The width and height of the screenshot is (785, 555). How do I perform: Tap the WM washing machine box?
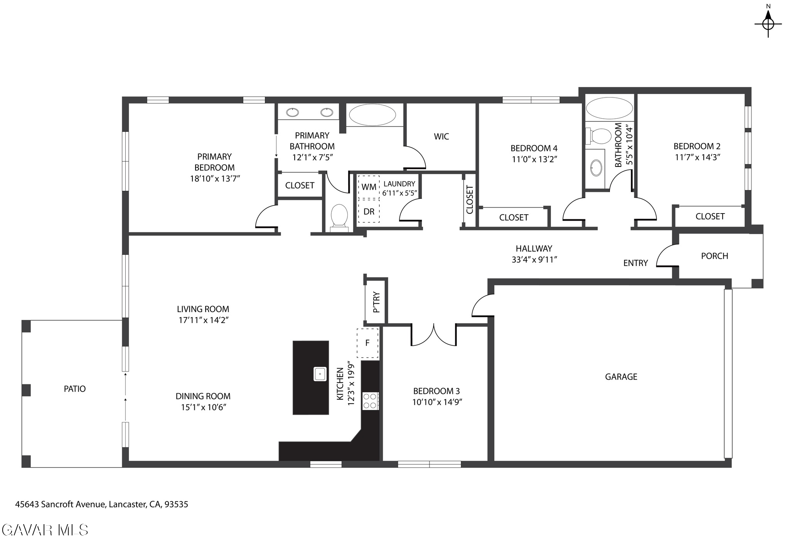point(369,187)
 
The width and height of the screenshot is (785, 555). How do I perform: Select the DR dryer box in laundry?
point(369,211)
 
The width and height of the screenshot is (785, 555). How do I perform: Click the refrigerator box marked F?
point(367,343)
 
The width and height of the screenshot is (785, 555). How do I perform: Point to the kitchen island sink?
point(320,374)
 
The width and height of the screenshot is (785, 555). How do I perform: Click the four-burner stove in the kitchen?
point(371,401)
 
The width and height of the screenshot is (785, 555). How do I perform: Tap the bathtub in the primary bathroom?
point(372,115)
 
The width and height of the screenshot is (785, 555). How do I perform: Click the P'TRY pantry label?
point(377,302)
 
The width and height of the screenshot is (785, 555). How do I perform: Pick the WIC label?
point(441,136)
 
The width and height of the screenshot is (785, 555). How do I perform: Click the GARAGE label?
point(621,377)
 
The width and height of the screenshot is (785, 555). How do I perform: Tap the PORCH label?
point(714,256)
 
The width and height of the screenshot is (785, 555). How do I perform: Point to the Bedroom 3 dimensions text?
point(437,402)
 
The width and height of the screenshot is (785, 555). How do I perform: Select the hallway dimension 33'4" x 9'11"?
point(534,259)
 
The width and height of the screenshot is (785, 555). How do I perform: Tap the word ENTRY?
point(635,263)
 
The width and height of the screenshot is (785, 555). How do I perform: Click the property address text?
point(101,504)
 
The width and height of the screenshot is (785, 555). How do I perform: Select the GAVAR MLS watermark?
point(45,530)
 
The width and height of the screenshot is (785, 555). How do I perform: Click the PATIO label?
point(75,388)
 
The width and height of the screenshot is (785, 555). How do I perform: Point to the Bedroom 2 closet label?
point(710,216)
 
